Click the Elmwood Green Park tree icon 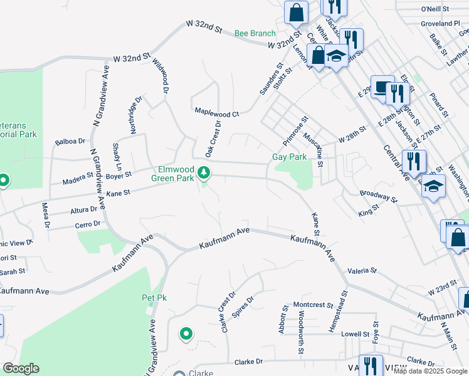(x=203, y=172)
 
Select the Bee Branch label (x=255, y=33)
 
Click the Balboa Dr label (x=69, y=142)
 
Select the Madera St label (x=78, y=182)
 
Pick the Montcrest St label (x=313, y=305)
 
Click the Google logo (x=21, y=368)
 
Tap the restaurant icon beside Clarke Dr (x=370, y=367)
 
